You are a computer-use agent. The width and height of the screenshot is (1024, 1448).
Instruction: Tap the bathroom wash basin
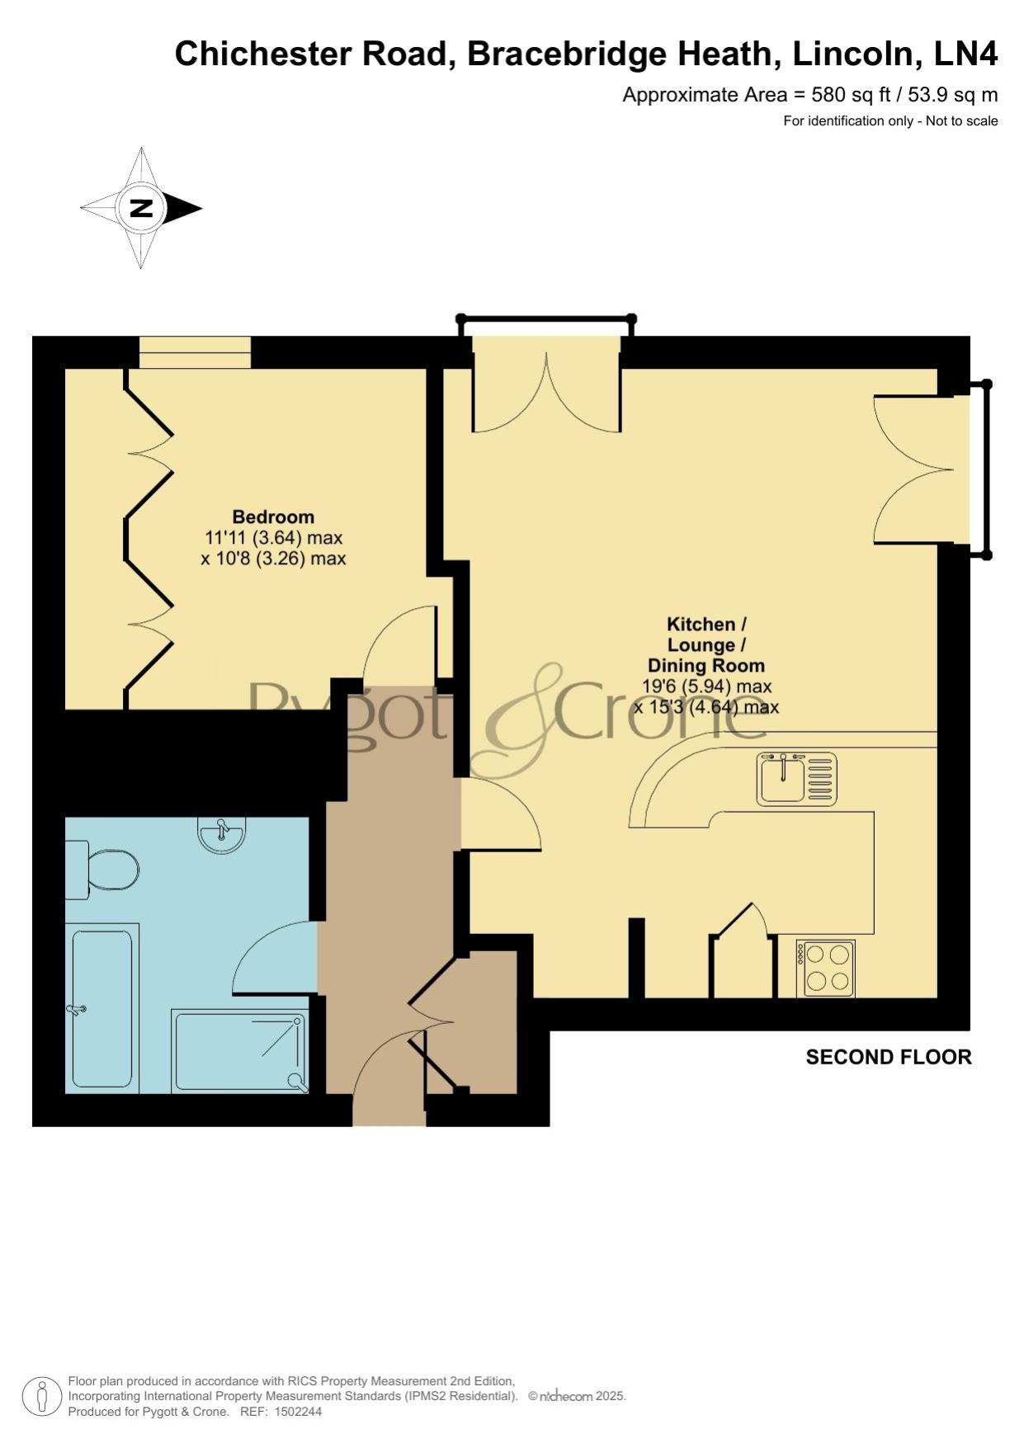tap(221, 834)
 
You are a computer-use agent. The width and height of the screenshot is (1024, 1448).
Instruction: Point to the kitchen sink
tap(796, 779)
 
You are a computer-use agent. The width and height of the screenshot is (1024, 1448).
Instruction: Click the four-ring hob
tap(825, 969)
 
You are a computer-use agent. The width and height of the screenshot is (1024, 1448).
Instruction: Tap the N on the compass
tap(142, 208)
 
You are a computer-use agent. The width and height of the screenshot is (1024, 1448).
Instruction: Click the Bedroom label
tap(273, 517)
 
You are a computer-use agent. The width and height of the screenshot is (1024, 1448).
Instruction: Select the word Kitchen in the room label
tap(701, 625)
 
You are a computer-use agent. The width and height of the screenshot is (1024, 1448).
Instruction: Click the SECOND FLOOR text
tap(889, 1058)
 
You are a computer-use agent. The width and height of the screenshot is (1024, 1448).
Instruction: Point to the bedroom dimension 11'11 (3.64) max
tap(273, 538)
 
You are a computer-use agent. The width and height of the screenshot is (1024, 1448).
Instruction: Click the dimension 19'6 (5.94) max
tap(707, 686)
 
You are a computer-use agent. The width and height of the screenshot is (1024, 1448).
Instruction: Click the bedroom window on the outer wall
tap(195, 352)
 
